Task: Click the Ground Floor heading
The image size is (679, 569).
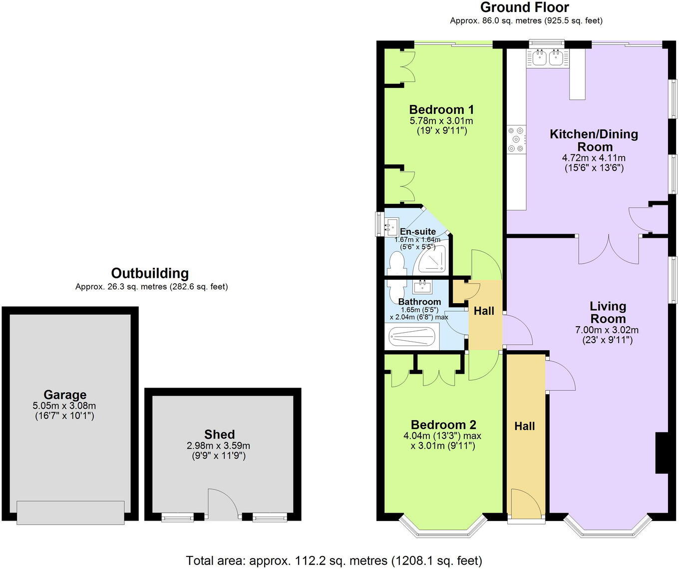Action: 524,7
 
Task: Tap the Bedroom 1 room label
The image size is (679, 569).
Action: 441,109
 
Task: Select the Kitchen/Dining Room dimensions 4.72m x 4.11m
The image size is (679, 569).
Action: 594,158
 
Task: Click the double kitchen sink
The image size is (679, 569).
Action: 548,57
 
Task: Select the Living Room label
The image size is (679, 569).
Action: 608,312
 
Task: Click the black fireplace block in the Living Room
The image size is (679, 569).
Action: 661,453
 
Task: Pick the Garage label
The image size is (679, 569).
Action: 65,395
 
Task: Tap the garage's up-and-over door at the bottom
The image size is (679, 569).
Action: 70,513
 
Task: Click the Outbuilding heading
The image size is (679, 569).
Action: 150,273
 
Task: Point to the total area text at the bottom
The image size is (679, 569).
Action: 334,561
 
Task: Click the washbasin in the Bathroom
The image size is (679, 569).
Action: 423,286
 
